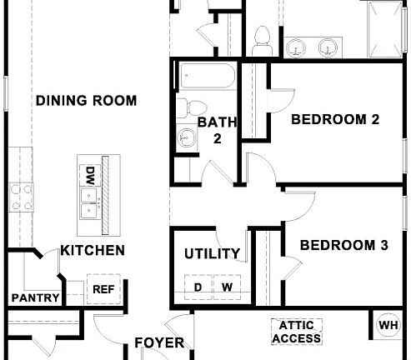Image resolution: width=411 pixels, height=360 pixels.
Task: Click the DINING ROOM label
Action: (x=86, y=101)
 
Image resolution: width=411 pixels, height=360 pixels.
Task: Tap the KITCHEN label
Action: (x=93, y=250)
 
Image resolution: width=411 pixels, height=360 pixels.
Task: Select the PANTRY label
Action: (x=35, y=297)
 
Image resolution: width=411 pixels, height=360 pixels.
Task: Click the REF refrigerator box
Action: (x=103, y=289)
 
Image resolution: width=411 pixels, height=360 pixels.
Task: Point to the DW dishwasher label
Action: (x=89, y=175)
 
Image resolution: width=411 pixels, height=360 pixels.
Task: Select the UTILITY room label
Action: (x=213, y=253)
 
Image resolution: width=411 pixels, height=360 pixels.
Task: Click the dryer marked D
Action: (x=198, y=287)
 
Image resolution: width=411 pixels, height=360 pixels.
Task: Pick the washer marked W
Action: (x=226, y=287)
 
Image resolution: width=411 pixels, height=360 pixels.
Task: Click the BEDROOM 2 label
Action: (x=335, y=120)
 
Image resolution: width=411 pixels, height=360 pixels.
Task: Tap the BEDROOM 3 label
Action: (x=344, y=245)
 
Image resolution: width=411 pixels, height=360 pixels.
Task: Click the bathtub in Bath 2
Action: (x=205, y=78)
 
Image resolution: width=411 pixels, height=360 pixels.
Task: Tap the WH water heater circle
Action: (x=388, y=325)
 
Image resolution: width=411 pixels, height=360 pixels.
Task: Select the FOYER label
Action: (x=159, y=342)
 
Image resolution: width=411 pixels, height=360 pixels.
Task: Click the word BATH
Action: (x=218, y=123)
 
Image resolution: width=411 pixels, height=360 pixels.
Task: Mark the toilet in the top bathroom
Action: (x=261, y=41)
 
